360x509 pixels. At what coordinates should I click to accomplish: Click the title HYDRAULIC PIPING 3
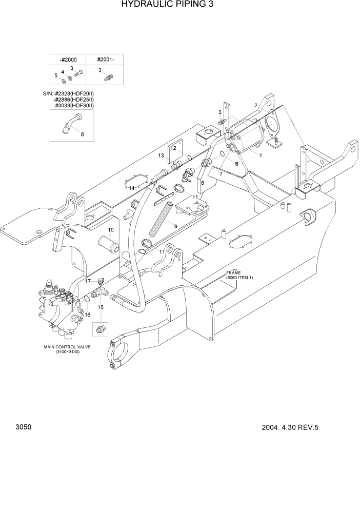(159, 6)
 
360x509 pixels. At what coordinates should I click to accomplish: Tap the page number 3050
(24, 427)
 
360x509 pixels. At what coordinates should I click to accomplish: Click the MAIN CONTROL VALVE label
(67, 347)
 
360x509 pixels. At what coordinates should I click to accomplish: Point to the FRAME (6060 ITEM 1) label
(239, 275)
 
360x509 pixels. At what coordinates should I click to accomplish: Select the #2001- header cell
(106, 59)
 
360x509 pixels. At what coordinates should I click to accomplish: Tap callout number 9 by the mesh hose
(175, 226)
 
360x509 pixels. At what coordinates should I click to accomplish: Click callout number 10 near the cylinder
(110, 229)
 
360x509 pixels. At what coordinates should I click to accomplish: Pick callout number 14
(132, 188)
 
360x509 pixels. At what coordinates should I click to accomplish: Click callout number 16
(87, 315)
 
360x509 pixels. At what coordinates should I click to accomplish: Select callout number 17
(88, 281)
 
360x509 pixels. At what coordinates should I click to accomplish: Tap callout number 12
(173, 148)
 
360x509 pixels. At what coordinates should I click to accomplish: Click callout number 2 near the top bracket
(255, 105)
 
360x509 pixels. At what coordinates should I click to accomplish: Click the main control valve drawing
(61, 308)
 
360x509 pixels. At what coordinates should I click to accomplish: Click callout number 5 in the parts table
(55, 75)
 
